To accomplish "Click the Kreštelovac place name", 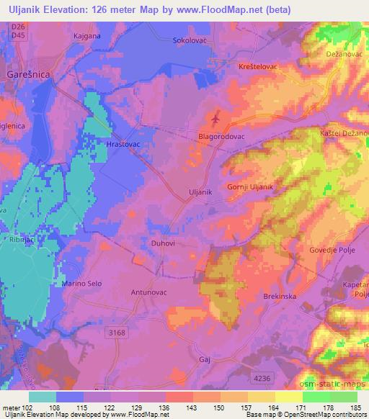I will point(257,66).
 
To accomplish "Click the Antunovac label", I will point(148,292).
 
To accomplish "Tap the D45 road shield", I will point(19,35).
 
